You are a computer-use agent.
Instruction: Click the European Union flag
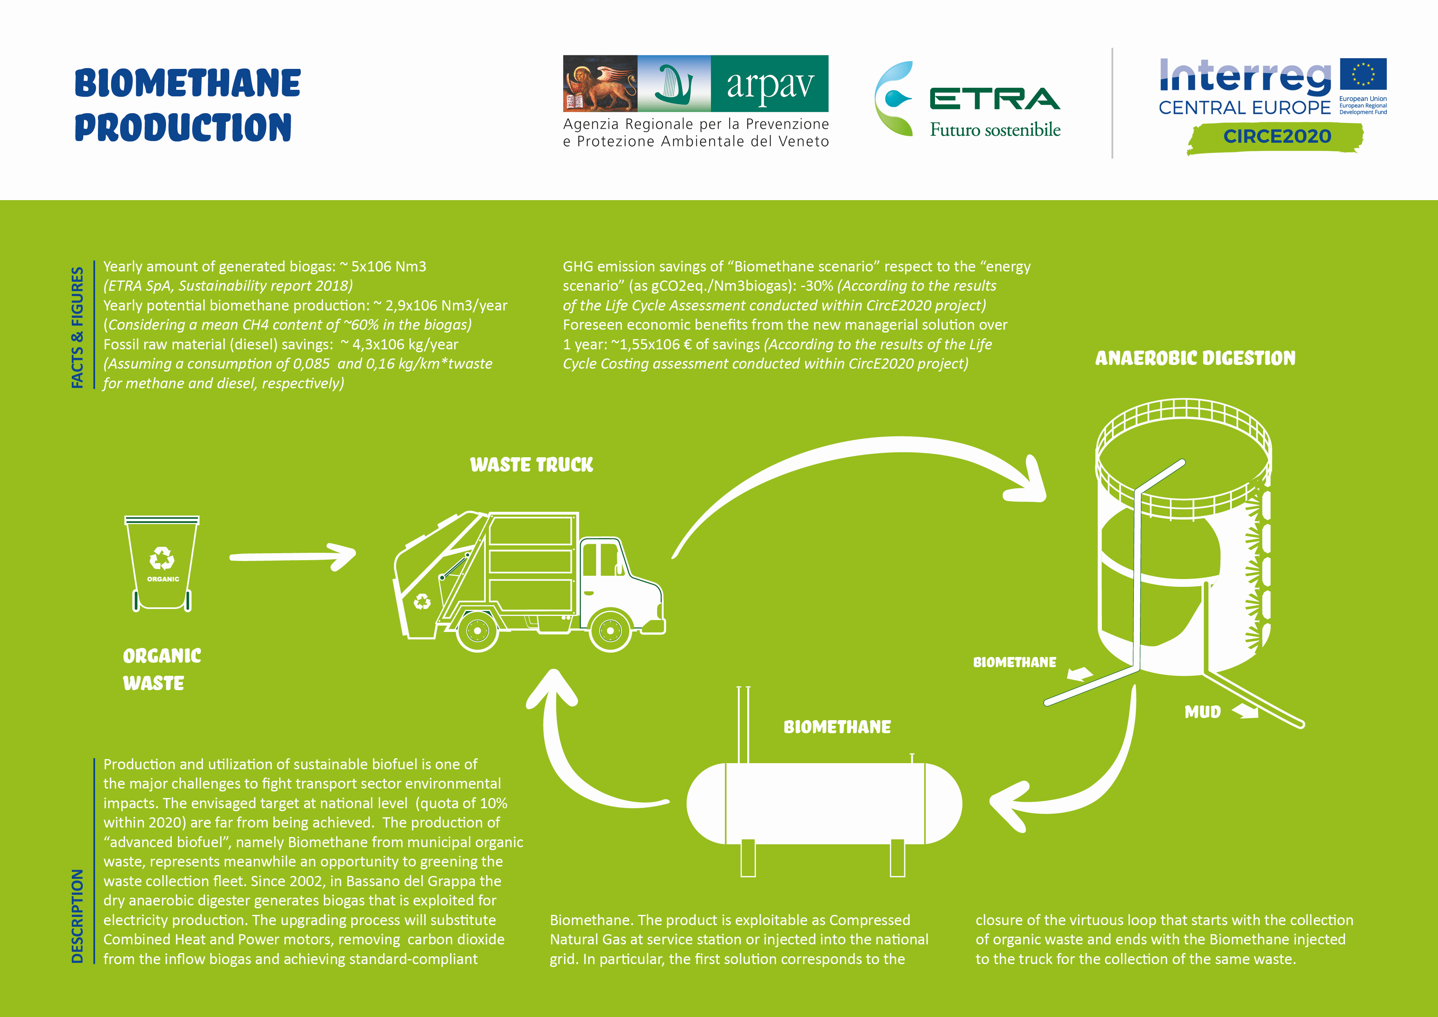[1363, 75]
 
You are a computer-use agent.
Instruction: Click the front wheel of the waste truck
[610, 630]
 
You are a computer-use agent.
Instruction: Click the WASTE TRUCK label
[531, 464]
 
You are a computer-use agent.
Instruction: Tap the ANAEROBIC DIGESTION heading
[1195, 358]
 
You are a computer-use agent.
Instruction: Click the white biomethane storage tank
[824, 803]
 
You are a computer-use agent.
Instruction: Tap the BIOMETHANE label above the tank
[837, 727]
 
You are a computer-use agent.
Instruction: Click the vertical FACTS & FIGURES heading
[77, 327]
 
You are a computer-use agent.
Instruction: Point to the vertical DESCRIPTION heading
[77, 915]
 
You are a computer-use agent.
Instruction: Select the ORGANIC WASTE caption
[162, 669]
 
